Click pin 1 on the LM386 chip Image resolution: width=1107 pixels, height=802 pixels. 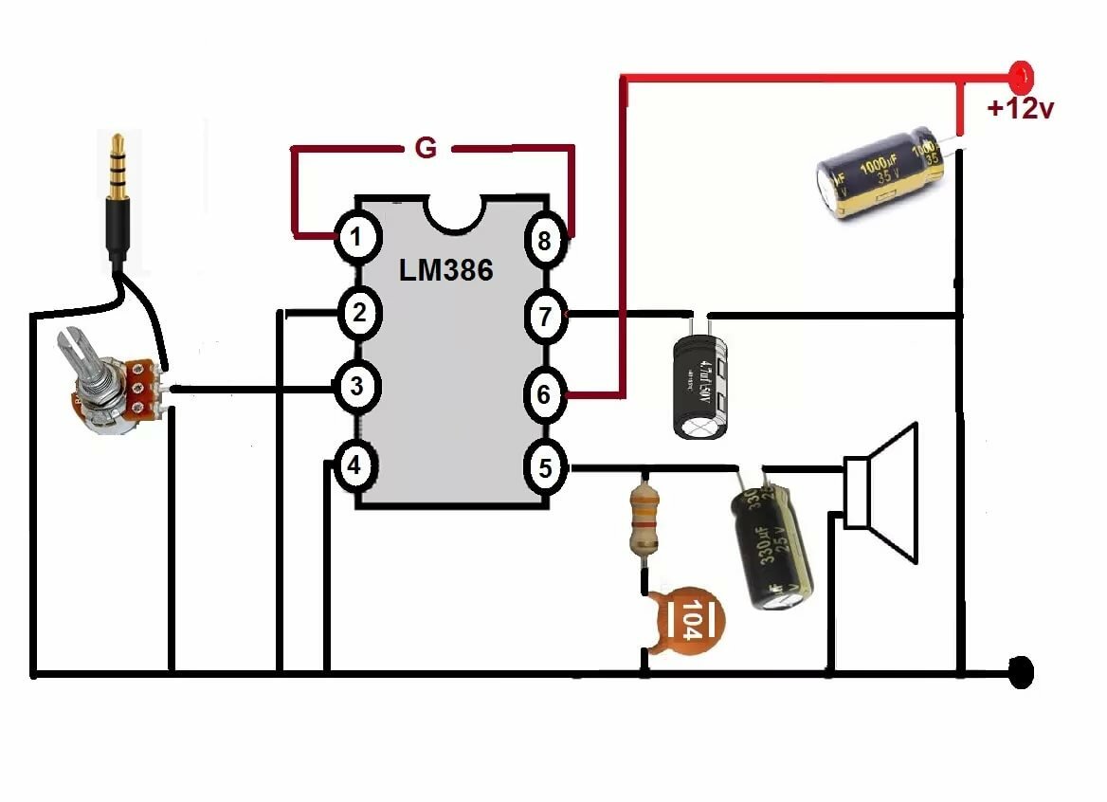pos(355,237)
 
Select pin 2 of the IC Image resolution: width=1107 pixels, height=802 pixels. pos(357,313)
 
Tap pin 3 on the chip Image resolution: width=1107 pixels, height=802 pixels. pos(356,387)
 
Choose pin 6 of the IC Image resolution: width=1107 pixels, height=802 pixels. pos(544,393)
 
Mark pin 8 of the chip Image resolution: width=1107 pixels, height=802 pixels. pos(544,241)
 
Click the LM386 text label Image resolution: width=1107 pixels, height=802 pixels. pos(445,270)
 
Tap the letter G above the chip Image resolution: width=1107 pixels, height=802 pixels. pos(426,148)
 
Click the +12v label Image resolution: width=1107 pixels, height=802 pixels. pos(1020,109)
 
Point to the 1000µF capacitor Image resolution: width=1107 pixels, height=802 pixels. pos(878,176)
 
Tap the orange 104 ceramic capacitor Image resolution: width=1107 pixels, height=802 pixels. pos(689,621)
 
